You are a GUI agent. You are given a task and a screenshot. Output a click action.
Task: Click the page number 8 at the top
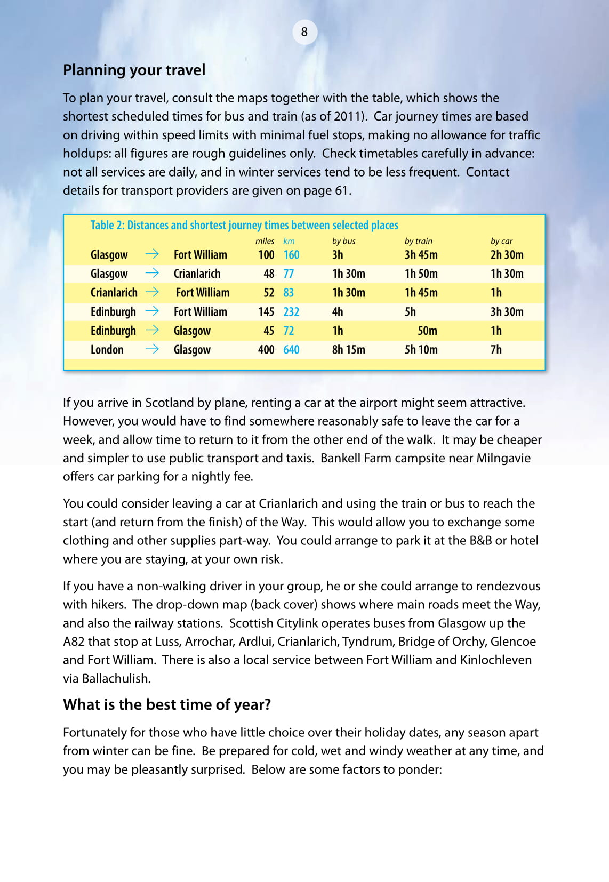304,32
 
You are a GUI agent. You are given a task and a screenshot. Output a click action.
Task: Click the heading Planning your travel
134,70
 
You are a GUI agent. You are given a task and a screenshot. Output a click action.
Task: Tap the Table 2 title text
244,225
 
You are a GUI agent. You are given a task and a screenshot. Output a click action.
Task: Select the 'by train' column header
418,241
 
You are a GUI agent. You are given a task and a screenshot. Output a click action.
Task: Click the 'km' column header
289,241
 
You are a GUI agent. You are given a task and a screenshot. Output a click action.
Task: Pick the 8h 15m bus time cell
348,350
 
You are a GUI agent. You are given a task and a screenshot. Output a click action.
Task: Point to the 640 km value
291,350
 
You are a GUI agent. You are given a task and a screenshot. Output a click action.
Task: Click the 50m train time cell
427,331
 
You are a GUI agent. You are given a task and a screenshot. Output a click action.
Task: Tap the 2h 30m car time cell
507,255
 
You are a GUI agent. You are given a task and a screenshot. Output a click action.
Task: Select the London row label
107,350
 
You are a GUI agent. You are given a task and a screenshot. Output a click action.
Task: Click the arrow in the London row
152,349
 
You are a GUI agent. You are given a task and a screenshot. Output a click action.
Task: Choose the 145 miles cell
266,312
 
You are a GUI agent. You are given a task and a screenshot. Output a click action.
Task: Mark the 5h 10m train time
421,350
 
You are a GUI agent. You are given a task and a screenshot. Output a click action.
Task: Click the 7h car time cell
496,350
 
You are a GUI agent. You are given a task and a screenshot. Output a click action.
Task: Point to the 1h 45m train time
421,293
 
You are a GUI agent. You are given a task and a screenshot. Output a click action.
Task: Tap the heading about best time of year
167,704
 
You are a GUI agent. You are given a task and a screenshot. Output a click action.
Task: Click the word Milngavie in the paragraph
503,458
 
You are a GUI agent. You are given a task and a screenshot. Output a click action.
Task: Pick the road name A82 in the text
74,642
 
